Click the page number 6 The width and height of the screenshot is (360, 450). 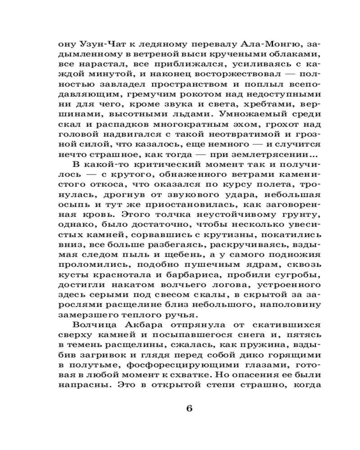click(x=189, y=409)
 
